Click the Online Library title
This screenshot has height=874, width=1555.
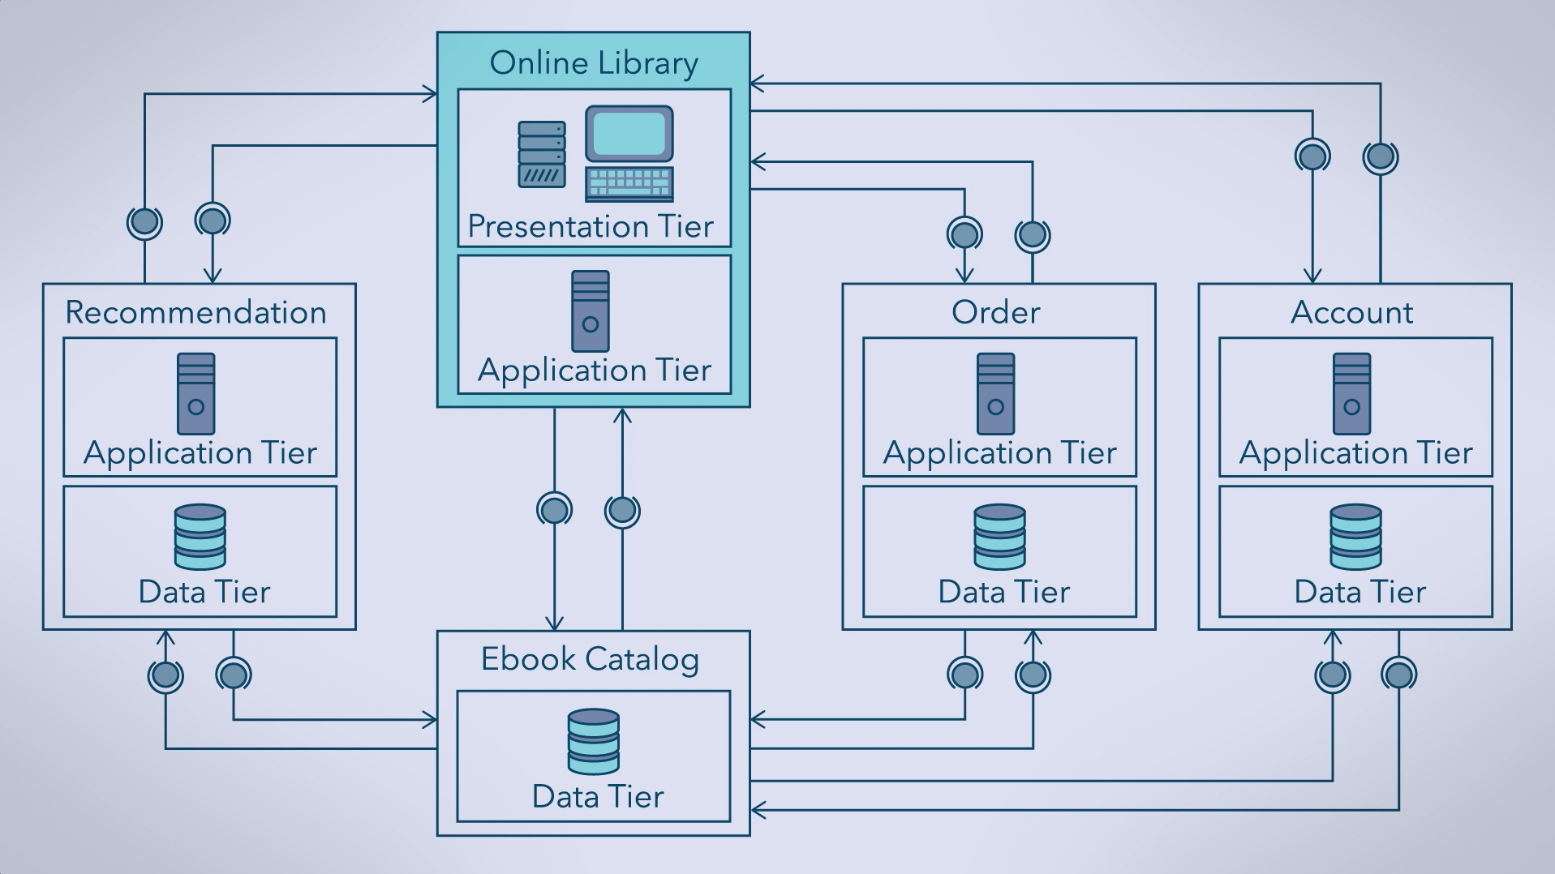tap(594, 63)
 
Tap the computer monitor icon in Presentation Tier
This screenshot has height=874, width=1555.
tap(629, 134)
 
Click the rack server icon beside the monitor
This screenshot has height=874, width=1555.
tap(542, 154)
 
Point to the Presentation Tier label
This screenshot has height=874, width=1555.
tap(591, 226)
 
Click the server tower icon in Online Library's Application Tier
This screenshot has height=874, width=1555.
tap(591, 311)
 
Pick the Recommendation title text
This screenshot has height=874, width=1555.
tap(195, 313)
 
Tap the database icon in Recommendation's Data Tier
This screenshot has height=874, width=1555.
tap(200, 537)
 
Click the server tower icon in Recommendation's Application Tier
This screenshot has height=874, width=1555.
tap(196, 394)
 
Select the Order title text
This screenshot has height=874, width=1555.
tap(995, 313)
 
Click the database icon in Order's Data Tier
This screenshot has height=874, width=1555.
tap(999, 537)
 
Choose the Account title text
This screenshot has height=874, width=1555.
tap(1351, 313)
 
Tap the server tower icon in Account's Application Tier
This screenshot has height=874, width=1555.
tap(1352, 394)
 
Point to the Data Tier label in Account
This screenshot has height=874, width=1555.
tap(1360, 593)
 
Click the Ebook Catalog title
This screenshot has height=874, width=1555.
tap(590, 659)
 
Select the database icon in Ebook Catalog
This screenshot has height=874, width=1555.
tap(594, 742)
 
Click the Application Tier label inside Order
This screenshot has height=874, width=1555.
tap(999, 453)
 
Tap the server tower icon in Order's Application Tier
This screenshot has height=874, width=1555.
tap(996, 394)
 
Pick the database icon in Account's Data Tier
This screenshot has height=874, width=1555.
tap(1355, 537)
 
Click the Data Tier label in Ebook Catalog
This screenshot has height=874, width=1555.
tap(598, 797)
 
